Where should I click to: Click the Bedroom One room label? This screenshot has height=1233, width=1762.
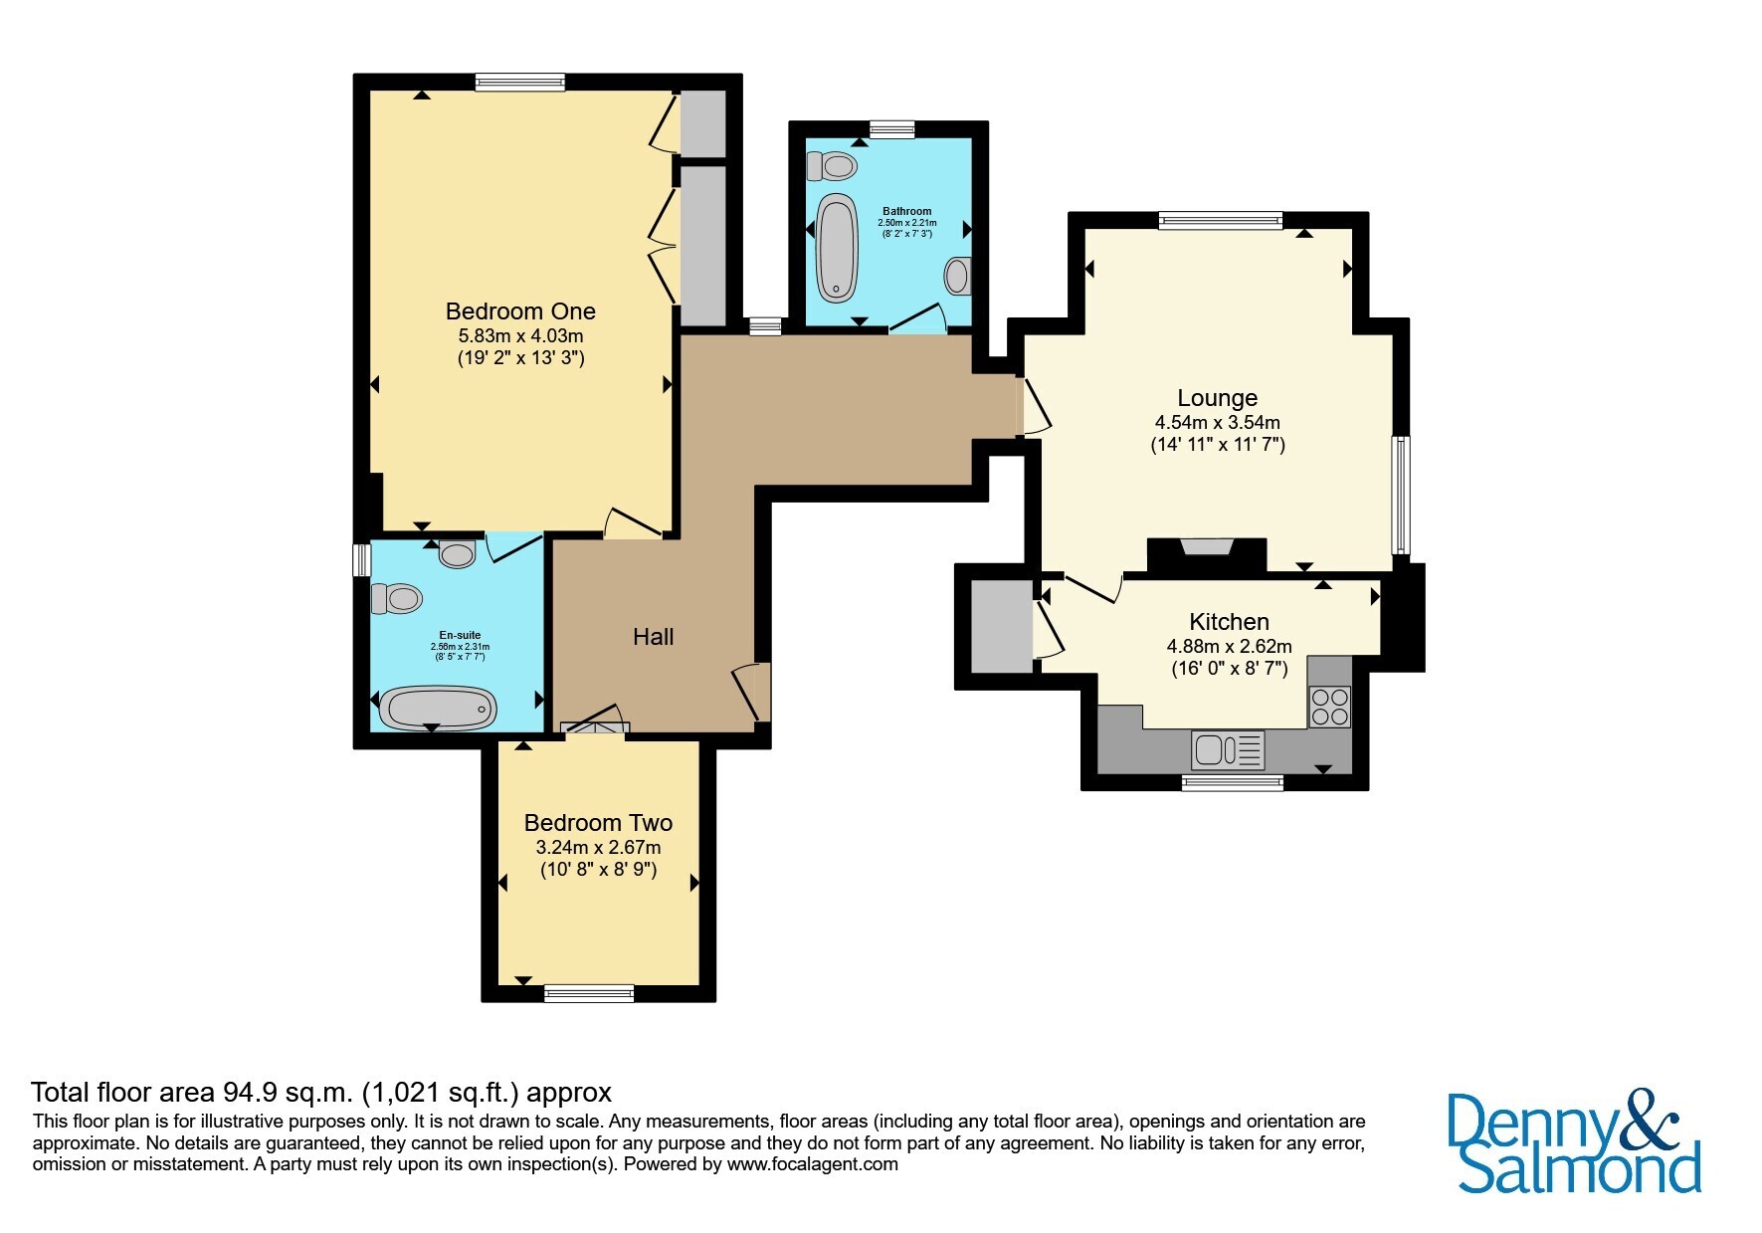coord(520,311)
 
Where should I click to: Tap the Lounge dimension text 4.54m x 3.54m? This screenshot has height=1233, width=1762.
coord(1217,422)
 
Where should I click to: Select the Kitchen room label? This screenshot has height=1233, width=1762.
coord(1230,622)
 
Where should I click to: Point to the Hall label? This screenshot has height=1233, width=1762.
coord(654,637)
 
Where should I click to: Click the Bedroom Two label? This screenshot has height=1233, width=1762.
coord(598,823)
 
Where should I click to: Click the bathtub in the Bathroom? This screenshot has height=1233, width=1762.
coord(837,247)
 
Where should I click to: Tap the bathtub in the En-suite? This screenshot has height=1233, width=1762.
coord(441,708)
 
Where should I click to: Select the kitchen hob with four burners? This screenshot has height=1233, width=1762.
coord(1329,707)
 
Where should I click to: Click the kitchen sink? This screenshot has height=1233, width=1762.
coord(1229,749)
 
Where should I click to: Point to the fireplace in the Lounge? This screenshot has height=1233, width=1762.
coord(1207,554)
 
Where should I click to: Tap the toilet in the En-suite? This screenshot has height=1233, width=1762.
coord(396,599)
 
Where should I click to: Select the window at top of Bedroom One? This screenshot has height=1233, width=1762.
coord(520,83)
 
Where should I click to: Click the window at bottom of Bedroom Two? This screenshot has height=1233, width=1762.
coord(589,992)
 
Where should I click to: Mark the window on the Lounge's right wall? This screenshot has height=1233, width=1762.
coord(1401,495)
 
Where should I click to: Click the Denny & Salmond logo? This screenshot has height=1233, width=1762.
coord(1574,1142)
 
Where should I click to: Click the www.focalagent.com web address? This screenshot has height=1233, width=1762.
coord(813,1163)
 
